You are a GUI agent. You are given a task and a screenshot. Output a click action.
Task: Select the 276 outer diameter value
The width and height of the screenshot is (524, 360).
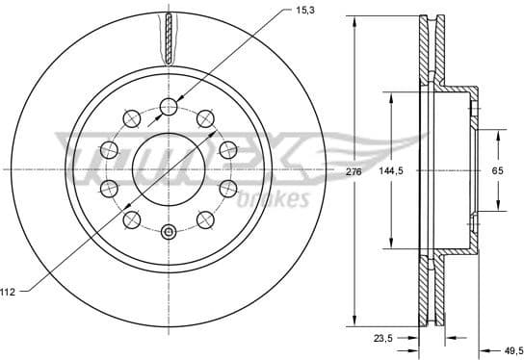click(353, 171)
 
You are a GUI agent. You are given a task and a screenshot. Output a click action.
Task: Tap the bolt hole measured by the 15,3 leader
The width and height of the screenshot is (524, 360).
click(169, 106)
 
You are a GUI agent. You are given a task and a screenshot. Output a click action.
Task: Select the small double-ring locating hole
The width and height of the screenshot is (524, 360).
click(169, 231)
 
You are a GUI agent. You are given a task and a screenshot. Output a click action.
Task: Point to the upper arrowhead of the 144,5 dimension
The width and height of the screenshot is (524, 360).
click(391, 96)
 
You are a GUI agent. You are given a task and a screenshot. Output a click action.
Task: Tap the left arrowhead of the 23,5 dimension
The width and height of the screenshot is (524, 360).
click(415, 338)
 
